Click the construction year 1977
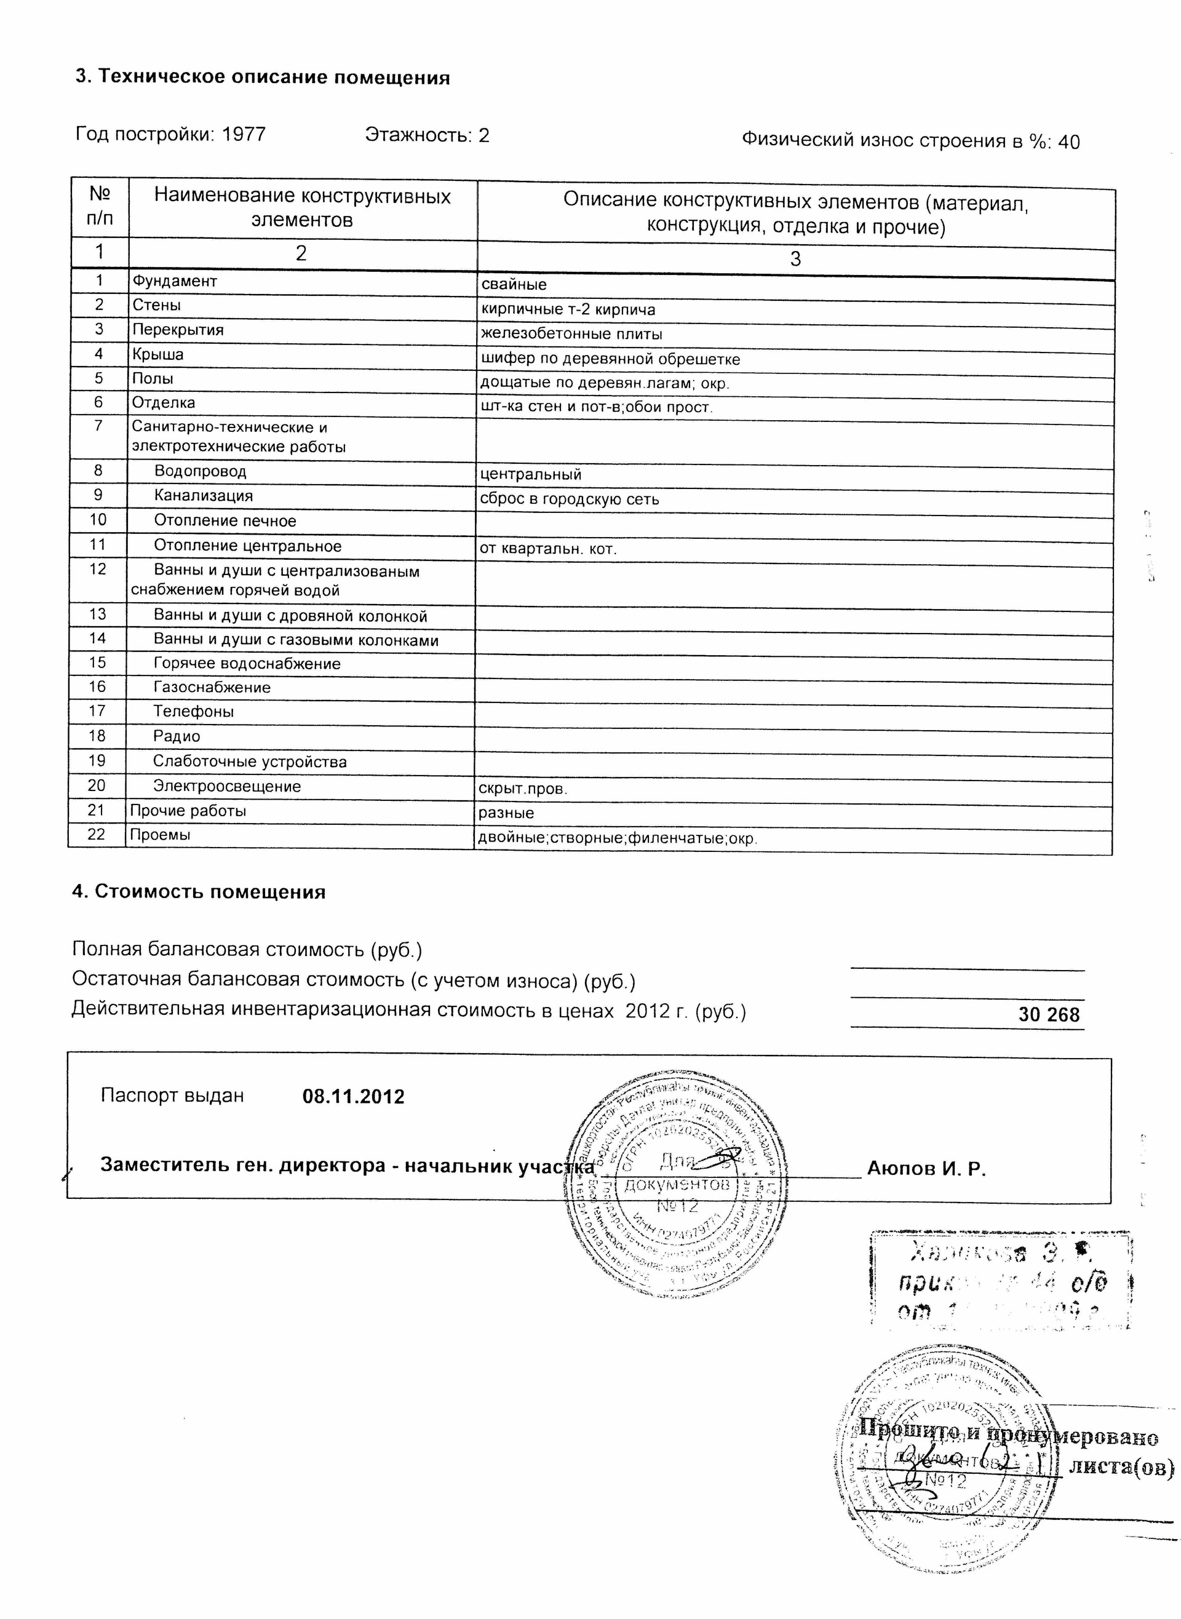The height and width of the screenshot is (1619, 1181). (x=244, y=134)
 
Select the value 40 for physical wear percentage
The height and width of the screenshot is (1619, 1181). (x=1069, y=142)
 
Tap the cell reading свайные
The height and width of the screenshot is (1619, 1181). (x=514, y=284)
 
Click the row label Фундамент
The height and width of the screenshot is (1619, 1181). (x=175, y=281)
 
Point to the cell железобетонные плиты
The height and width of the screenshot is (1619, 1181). (x=571, y=334)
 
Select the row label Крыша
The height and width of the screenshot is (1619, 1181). (x=158, y=354)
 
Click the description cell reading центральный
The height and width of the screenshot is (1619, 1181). (x=530, y=474)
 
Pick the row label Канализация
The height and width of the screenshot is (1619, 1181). (x=204, y=495)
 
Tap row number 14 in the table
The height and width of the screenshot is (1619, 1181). (x=97, y=638)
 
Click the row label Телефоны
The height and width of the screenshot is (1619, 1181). (x=193, y=711)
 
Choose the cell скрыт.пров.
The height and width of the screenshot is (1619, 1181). (x=523, y=789)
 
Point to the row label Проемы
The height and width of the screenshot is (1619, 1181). (x=160, y=834)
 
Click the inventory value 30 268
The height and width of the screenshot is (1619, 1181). (x=1049, y=1015)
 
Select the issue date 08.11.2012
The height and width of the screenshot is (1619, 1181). (x=353, y=1097)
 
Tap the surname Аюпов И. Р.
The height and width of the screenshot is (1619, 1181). (x=926, y=1169)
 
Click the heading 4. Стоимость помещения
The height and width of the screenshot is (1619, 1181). (x=199, y=892)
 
